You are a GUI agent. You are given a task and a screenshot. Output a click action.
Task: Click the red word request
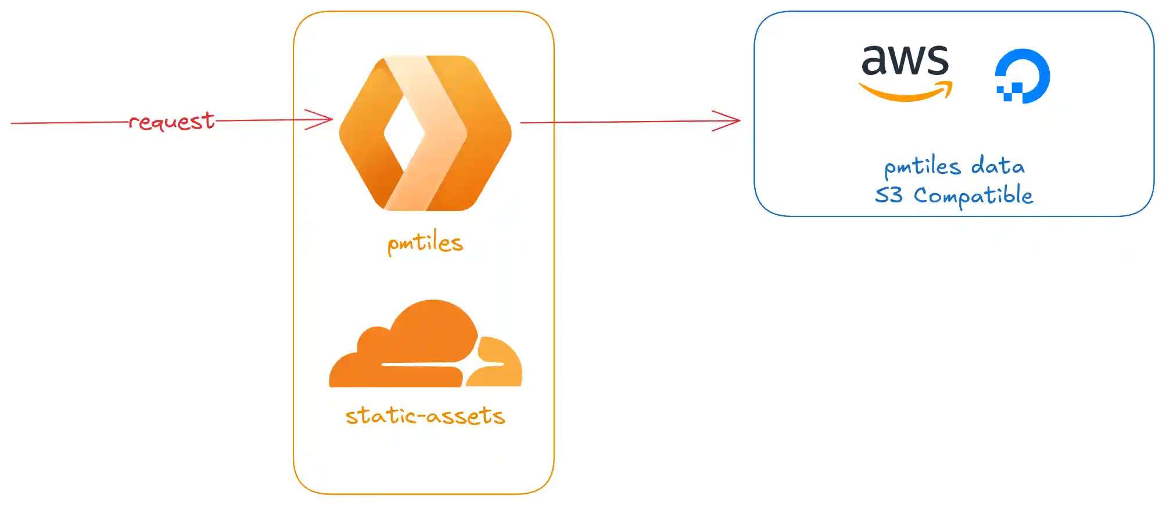click(x=171, y=122)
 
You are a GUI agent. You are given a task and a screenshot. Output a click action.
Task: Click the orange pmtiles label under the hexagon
click(x=425, y=243)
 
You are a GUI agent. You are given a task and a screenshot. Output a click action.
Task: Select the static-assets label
click(x=425, y=416)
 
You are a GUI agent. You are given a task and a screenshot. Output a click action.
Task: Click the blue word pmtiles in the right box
click(x=922, y=168)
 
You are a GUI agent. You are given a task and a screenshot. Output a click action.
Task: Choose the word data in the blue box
click(x=998, y=166)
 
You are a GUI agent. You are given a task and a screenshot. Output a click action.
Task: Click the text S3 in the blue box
click(x=889, y=195)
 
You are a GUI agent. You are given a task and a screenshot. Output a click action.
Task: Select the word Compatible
click(x=973, y=196)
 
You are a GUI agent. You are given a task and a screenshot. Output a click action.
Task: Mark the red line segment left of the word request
click(x=70, y=123)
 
